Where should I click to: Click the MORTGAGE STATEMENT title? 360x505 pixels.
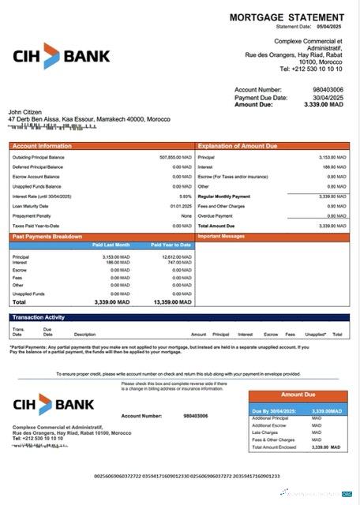point(287,17)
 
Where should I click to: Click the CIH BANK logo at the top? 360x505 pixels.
point(62,56)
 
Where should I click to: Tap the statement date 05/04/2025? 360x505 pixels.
point(329,27)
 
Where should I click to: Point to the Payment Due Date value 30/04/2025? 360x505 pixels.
point(328,97)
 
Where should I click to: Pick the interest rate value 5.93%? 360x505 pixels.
point(186,196)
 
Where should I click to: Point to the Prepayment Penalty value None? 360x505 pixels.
point(186,215)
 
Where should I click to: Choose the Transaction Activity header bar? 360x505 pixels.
point(39,317)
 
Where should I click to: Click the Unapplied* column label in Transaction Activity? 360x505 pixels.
point(316,334)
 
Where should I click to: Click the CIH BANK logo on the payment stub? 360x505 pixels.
point(54,404)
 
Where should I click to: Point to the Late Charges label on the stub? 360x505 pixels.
point(264,432)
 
